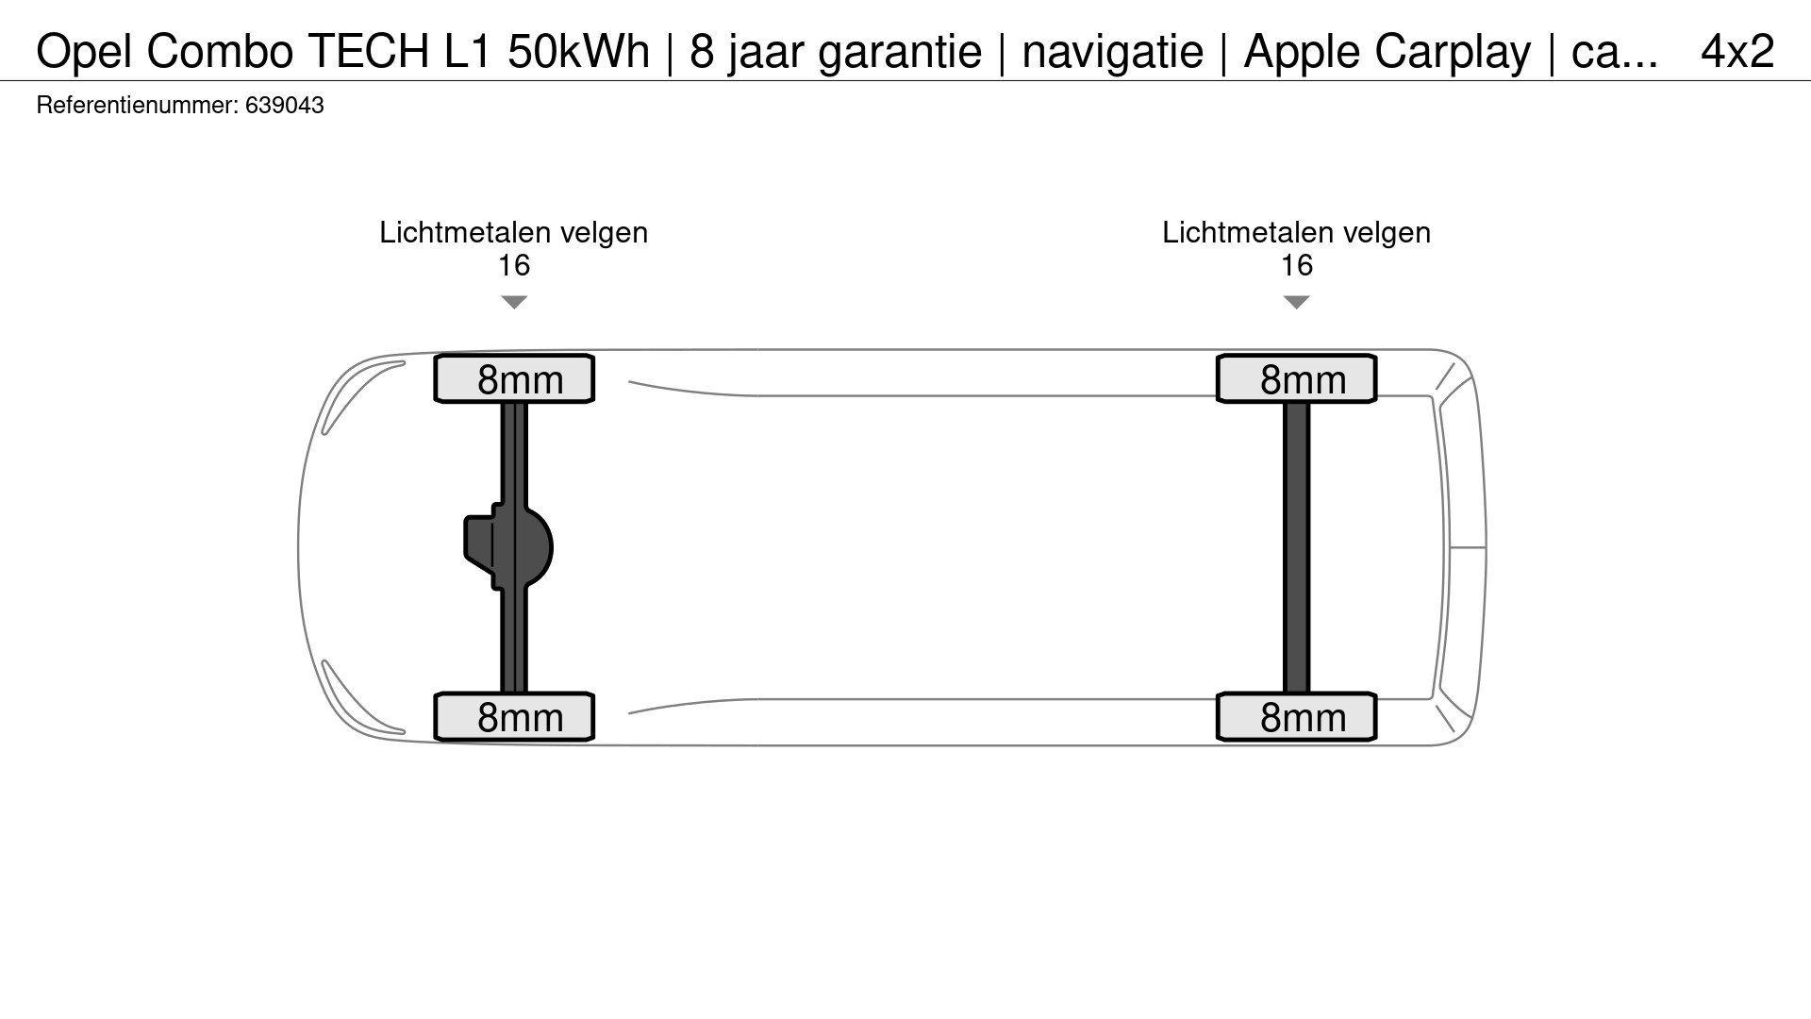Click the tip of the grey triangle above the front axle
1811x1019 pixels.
[514, 309]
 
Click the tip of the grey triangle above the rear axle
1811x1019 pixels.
[1297, 309]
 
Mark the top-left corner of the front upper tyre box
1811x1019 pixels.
[435, 356]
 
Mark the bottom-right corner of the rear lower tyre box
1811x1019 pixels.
[1376, 740]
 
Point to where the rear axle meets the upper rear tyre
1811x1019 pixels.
[1297, 403]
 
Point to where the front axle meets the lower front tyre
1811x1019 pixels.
[514, 693]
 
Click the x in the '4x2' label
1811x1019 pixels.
[1737, 53]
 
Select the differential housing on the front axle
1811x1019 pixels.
[508, 547]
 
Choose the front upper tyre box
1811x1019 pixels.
[514, 378]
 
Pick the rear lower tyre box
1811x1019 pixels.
[1297, 716]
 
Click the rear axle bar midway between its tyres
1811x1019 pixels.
[1297, 547]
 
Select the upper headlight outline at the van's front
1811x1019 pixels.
[363, 396]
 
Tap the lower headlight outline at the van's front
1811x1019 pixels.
[363, 697]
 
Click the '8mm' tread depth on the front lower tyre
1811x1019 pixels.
[520, 718]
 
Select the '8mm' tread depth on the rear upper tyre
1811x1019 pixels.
[1303, 380]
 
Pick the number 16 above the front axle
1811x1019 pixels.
[514, 265]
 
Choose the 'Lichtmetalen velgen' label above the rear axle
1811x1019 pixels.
[1297, 232]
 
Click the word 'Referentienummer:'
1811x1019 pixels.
[138, 105]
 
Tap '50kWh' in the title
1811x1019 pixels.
[579, 51]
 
